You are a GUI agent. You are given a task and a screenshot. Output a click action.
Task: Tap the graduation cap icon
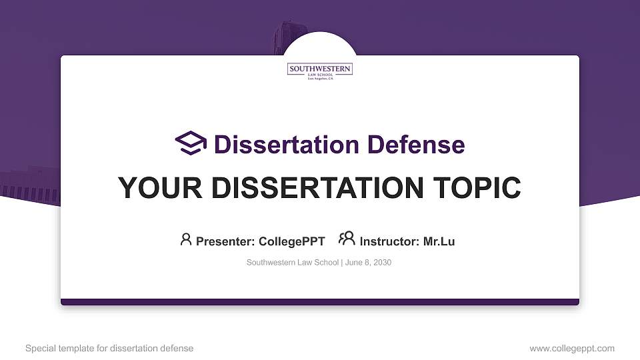click(191, 143)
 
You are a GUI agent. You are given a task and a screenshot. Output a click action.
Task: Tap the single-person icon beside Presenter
click(186, 239)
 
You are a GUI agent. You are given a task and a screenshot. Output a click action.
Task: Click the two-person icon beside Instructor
click(347, 239)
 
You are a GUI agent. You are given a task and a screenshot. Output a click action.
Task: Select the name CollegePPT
click(291, 242)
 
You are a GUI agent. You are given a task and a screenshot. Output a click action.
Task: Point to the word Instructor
click(389, 242)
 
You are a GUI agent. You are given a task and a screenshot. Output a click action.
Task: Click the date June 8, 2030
click(368, 263)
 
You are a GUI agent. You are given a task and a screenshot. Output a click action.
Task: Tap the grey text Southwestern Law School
click(293, 263)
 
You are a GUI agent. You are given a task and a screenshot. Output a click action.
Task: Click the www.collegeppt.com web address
click(572, 348)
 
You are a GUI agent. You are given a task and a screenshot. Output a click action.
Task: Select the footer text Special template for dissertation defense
click(109, 348)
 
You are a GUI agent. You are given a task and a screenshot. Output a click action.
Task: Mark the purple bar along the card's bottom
click(320, 302)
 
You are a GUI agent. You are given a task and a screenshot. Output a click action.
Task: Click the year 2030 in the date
click(383, 263)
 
